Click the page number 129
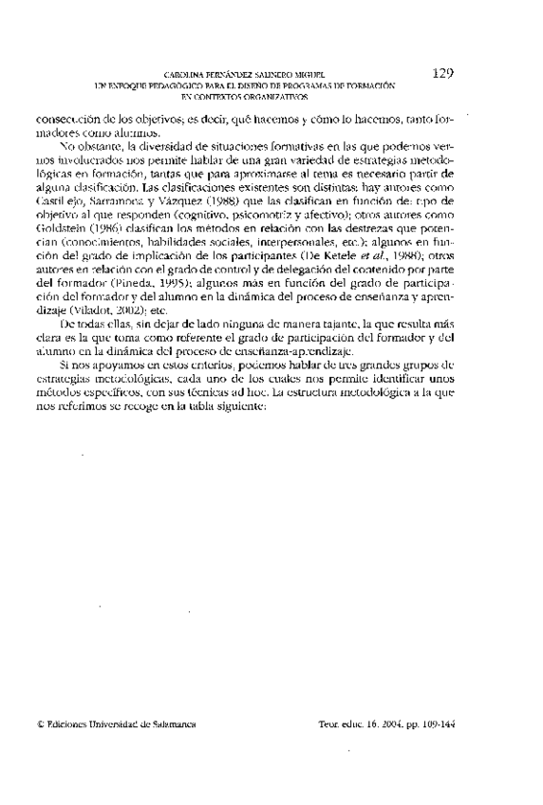(445, 73)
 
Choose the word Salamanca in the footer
(173, 723)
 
